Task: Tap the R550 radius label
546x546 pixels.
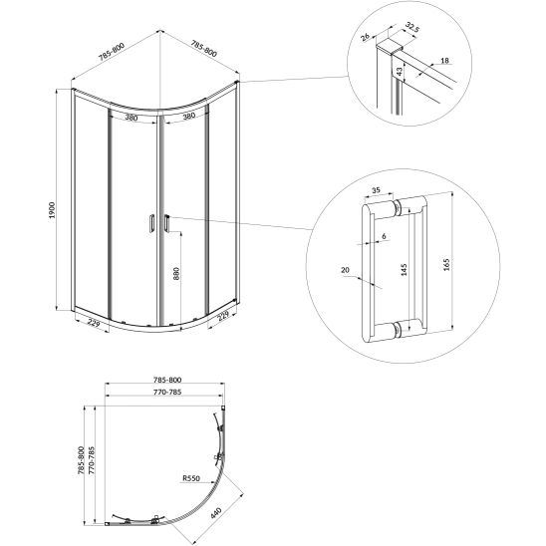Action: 193,478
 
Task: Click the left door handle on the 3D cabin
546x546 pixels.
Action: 149,225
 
